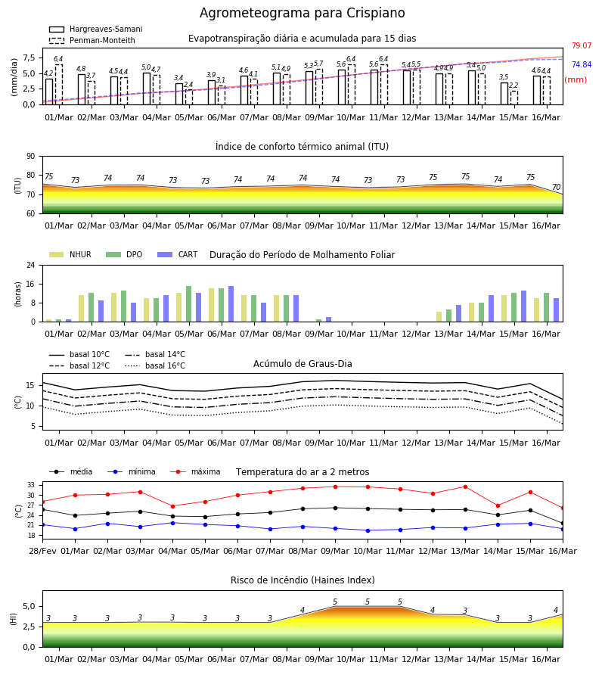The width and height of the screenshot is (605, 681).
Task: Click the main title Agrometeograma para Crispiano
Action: click(302, 13)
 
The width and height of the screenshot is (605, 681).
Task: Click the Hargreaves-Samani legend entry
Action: click(96, 29)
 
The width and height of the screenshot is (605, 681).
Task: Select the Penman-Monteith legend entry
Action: click(92, 40)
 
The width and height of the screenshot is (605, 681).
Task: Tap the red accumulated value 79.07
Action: click(582, 45)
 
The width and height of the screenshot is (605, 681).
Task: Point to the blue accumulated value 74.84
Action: click(582, 65)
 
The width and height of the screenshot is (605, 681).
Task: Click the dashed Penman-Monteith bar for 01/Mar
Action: click(58, 85)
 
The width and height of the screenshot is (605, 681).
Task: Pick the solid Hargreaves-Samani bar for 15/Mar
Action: click(504, 94)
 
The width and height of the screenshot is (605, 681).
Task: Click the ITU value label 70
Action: click(557, 187)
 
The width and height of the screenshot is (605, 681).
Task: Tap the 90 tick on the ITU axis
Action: click(31, 157)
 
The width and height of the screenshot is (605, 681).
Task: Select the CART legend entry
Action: click(178, 254)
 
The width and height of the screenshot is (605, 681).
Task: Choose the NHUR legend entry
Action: click(70, 254)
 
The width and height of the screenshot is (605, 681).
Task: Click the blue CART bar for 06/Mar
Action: click(231, 304)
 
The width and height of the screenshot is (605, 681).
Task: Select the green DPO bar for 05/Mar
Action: click(189, 304)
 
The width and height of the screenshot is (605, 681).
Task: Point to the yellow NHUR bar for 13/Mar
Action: click(439, 316)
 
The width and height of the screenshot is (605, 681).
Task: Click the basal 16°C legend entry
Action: click(155, 365)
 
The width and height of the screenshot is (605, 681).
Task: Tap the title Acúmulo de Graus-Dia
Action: click(302, 364)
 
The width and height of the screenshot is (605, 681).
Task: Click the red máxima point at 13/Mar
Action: click(466, 487)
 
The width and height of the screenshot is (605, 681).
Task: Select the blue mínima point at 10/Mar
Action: click(368, 530)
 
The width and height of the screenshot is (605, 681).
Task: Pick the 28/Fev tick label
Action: click(42, 551)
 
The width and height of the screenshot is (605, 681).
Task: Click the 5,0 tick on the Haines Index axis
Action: click(29, 607)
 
